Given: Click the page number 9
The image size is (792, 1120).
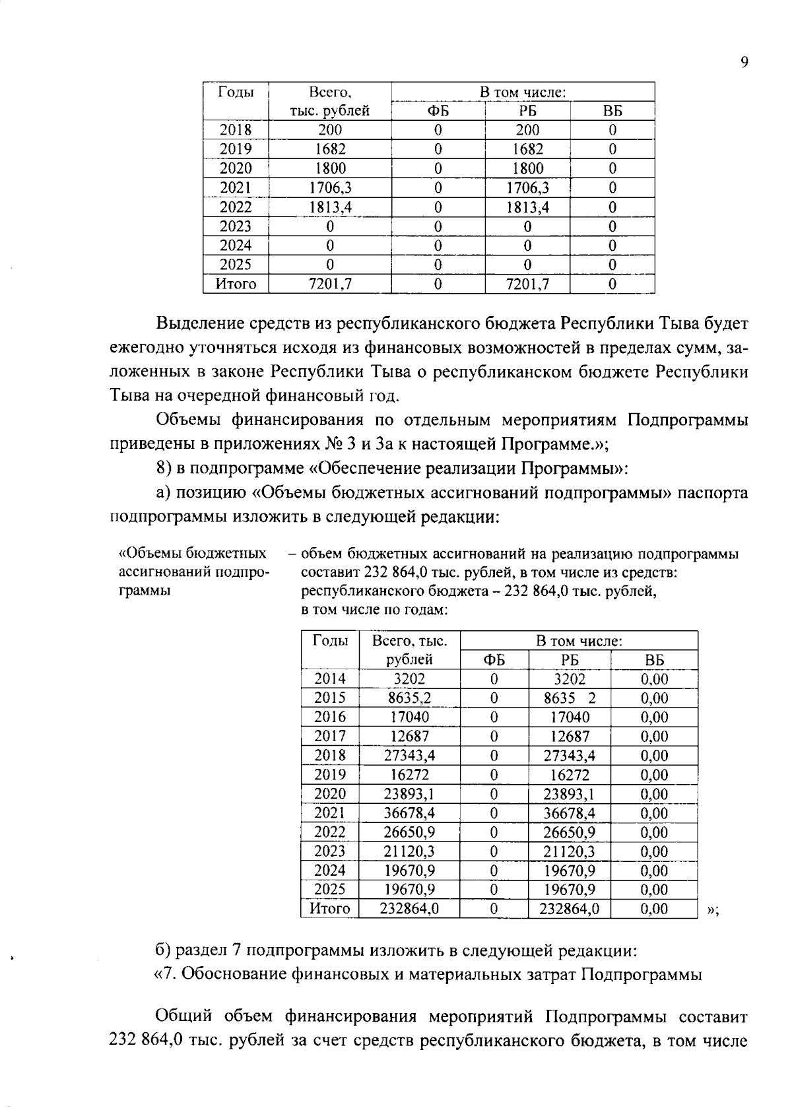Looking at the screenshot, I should pos(744,62).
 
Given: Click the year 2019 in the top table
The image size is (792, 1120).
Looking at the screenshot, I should pos(236,149).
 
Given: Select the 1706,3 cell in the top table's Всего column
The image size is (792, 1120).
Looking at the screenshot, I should pos(330,188).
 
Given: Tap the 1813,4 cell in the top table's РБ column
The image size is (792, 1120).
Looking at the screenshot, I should pos(527,207).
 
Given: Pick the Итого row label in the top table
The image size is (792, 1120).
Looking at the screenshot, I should pos(236,284).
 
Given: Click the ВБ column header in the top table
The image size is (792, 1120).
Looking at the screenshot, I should pos(612,111).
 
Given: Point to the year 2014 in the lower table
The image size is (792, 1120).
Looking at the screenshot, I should pos(329,678).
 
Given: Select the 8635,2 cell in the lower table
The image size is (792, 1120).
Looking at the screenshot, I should pos(409,698).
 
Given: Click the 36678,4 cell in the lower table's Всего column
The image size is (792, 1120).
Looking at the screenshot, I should pos(409,813).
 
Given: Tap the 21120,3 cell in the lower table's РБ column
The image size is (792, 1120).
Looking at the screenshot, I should pos(569,851).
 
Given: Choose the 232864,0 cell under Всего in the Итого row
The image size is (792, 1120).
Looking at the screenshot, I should pos(409,909).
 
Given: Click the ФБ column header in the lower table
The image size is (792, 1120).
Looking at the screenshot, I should pos(494,660).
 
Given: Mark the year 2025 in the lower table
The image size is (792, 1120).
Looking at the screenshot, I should pos(329,890).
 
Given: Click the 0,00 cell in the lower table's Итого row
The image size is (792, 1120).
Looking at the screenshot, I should pos(654,909).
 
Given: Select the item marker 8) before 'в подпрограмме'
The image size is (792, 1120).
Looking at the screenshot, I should pos(164,468).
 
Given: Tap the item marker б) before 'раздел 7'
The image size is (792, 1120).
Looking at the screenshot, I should pos(164,950).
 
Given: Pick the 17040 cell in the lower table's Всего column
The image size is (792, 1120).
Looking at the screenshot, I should pos(409,717).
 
